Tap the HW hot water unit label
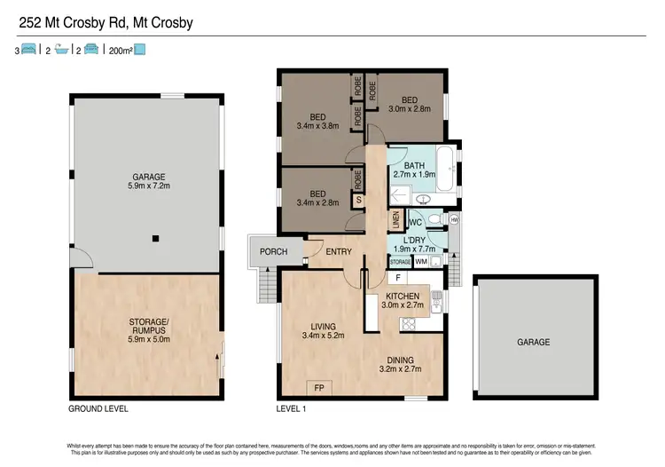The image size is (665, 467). (x=454, y=220)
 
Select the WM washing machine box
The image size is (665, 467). (x=421, y=262)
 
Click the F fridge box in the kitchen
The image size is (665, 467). (x=399, y=278)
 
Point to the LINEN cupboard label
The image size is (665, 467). (x=396, y=217)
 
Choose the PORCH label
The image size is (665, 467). (x=274, y=252)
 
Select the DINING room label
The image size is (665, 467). (x=400, y=359)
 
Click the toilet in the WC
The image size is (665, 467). (x=434, y=218)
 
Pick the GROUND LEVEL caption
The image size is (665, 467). (x=98, y=409)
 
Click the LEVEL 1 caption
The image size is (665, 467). (x=292, y=409)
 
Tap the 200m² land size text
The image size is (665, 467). (x=120, y=51)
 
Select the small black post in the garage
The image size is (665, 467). (x=155, y=238)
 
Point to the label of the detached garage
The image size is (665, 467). (x=534, y=342)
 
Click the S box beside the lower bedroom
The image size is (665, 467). (x=359, y=200)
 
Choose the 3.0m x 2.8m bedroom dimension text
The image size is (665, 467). (x=409, y=109)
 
